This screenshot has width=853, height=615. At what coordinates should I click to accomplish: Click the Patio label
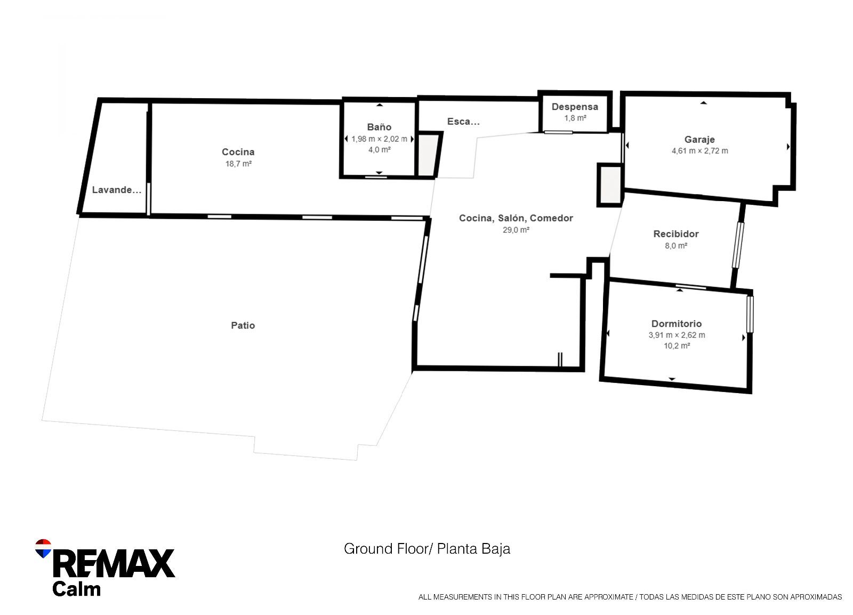pyautogui.click(x=243, y=325)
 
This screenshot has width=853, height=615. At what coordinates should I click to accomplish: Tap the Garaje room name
pyautogui.click(x=699, y=140)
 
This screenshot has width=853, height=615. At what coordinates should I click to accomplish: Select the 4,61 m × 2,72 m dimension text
pyautogui.click(x=699, y=151)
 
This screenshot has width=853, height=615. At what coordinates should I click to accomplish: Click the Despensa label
pyautogui.click(x=575, y=107)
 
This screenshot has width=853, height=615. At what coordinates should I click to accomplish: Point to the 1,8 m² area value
pyautogui.click(x=575, y=118)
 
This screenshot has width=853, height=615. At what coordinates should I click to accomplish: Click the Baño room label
pyautogui.click(x=379, y=127)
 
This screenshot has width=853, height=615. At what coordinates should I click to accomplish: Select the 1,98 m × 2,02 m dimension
pyautogui.click(x=379, y=139)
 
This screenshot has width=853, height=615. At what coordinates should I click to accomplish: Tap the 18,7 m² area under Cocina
pyautogui.click(x=238, y=164)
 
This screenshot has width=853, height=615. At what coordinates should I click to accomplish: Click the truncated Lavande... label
pyautogui.click(x=117, y=190)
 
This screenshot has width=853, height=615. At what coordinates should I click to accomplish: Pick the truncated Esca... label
pyautogui.click(x=463, y=122)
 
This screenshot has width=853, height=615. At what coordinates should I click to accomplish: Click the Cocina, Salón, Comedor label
pyautogui.click(x=516, y=218)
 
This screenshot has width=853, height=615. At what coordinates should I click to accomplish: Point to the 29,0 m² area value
pyautogui.click(x=516, y=230)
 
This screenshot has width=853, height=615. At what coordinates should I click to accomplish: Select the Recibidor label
pyautogui.click(x=675, y=234)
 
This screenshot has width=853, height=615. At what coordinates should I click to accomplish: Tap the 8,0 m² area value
pyautogui.click(x=675, y=245)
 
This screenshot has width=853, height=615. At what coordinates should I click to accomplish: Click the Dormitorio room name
pyautogui.click(x=676, y=324)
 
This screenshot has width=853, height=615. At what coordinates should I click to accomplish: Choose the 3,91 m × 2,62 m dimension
pyautogui.click(x=676, y=335)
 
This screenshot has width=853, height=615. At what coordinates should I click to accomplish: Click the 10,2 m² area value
pyautogui.click(x=676, y=346)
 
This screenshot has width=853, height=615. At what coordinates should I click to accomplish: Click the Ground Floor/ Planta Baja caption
pyautogui.click(x=426, y=548)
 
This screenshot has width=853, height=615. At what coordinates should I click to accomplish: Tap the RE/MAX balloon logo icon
pyautogui.click(x=43, y=548)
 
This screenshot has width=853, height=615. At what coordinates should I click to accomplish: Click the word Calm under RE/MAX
pyautogui.click(x=76, y=589)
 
